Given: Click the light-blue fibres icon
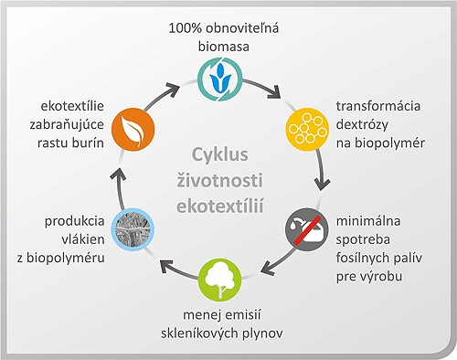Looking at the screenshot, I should pos(129,230).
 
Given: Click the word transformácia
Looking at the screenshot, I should pos(377,105).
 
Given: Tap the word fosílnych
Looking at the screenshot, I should pos(367,258).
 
